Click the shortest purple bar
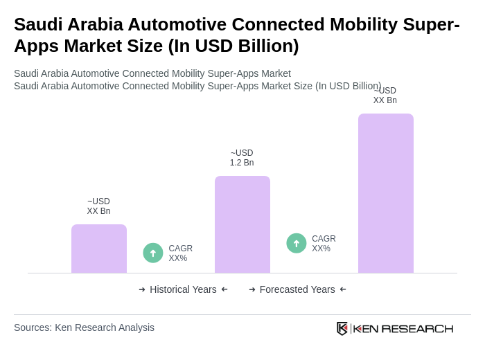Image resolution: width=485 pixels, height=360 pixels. coord(98,249)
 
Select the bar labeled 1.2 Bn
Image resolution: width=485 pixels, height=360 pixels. coord(242,224)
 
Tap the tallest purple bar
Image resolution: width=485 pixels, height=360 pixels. coord(385,193)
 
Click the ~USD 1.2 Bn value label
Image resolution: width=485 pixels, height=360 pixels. coord(242,158)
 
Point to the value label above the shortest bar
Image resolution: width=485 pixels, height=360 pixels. coord(98,206)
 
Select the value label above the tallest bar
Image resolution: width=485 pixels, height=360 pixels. coord(385,96)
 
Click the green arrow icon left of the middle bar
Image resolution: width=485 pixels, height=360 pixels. coord(153,253)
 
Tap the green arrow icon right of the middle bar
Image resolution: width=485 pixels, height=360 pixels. coord(297,244)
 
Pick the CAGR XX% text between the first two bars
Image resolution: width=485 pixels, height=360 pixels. coord(180,253)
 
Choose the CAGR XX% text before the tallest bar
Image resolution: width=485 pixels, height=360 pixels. coord(324,244)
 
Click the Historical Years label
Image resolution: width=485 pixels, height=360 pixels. coord(183,289)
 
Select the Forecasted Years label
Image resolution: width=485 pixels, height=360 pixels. coord(297,289)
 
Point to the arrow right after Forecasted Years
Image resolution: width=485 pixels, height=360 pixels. coord(343,289)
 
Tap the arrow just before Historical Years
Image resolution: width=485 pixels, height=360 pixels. coord(142,289)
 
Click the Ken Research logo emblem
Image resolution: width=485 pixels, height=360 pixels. coord(342,328)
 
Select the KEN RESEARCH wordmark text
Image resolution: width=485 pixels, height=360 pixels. coord(403,328)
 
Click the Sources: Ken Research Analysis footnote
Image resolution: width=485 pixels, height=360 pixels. coord(84,327)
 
